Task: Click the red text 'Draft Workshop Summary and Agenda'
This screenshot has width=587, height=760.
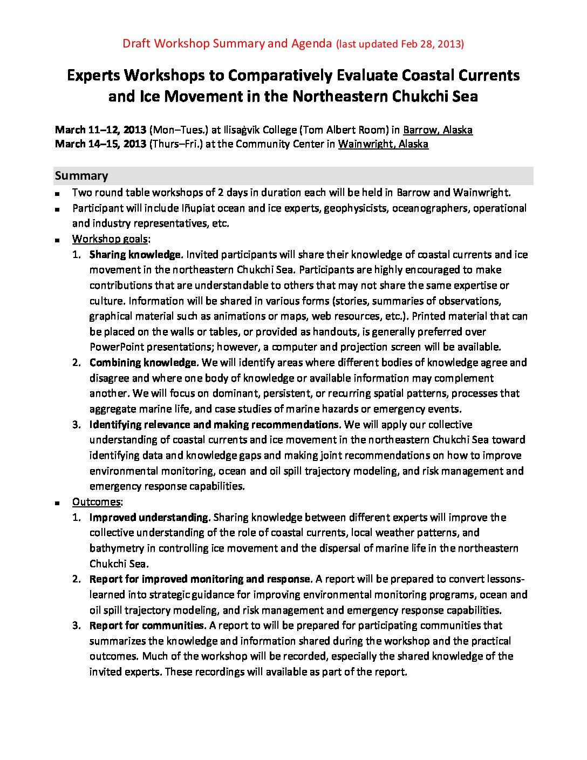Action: pos(227,44)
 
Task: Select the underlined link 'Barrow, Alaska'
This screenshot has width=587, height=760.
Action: pos(438,130)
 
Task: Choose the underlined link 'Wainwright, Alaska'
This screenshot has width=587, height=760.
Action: pos(383,144)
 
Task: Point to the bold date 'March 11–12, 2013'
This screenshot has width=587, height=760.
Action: pos(100,130)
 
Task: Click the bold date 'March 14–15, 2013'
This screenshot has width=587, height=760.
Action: pos(100,144)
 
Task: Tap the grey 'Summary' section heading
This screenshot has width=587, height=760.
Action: pos(81,176)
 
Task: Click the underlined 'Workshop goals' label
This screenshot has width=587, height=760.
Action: pos(110,239)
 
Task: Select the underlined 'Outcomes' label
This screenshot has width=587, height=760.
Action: pos(97,502)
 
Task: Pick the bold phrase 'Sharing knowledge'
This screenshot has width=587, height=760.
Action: pos(135,255)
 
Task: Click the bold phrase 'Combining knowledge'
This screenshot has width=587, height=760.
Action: pos(143,363)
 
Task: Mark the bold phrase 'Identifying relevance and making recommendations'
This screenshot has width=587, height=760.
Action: pos(214,425)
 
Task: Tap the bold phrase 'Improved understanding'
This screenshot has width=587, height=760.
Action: pos(149,518)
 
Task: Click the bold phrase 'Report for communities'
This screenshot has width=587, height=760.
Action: pos(147,626)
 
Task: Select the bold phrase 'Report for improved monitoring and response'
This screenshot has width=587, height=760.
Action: pos(200,579)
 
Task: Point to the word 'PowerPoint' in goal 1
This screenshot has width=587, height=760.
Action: pos(117,347)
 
